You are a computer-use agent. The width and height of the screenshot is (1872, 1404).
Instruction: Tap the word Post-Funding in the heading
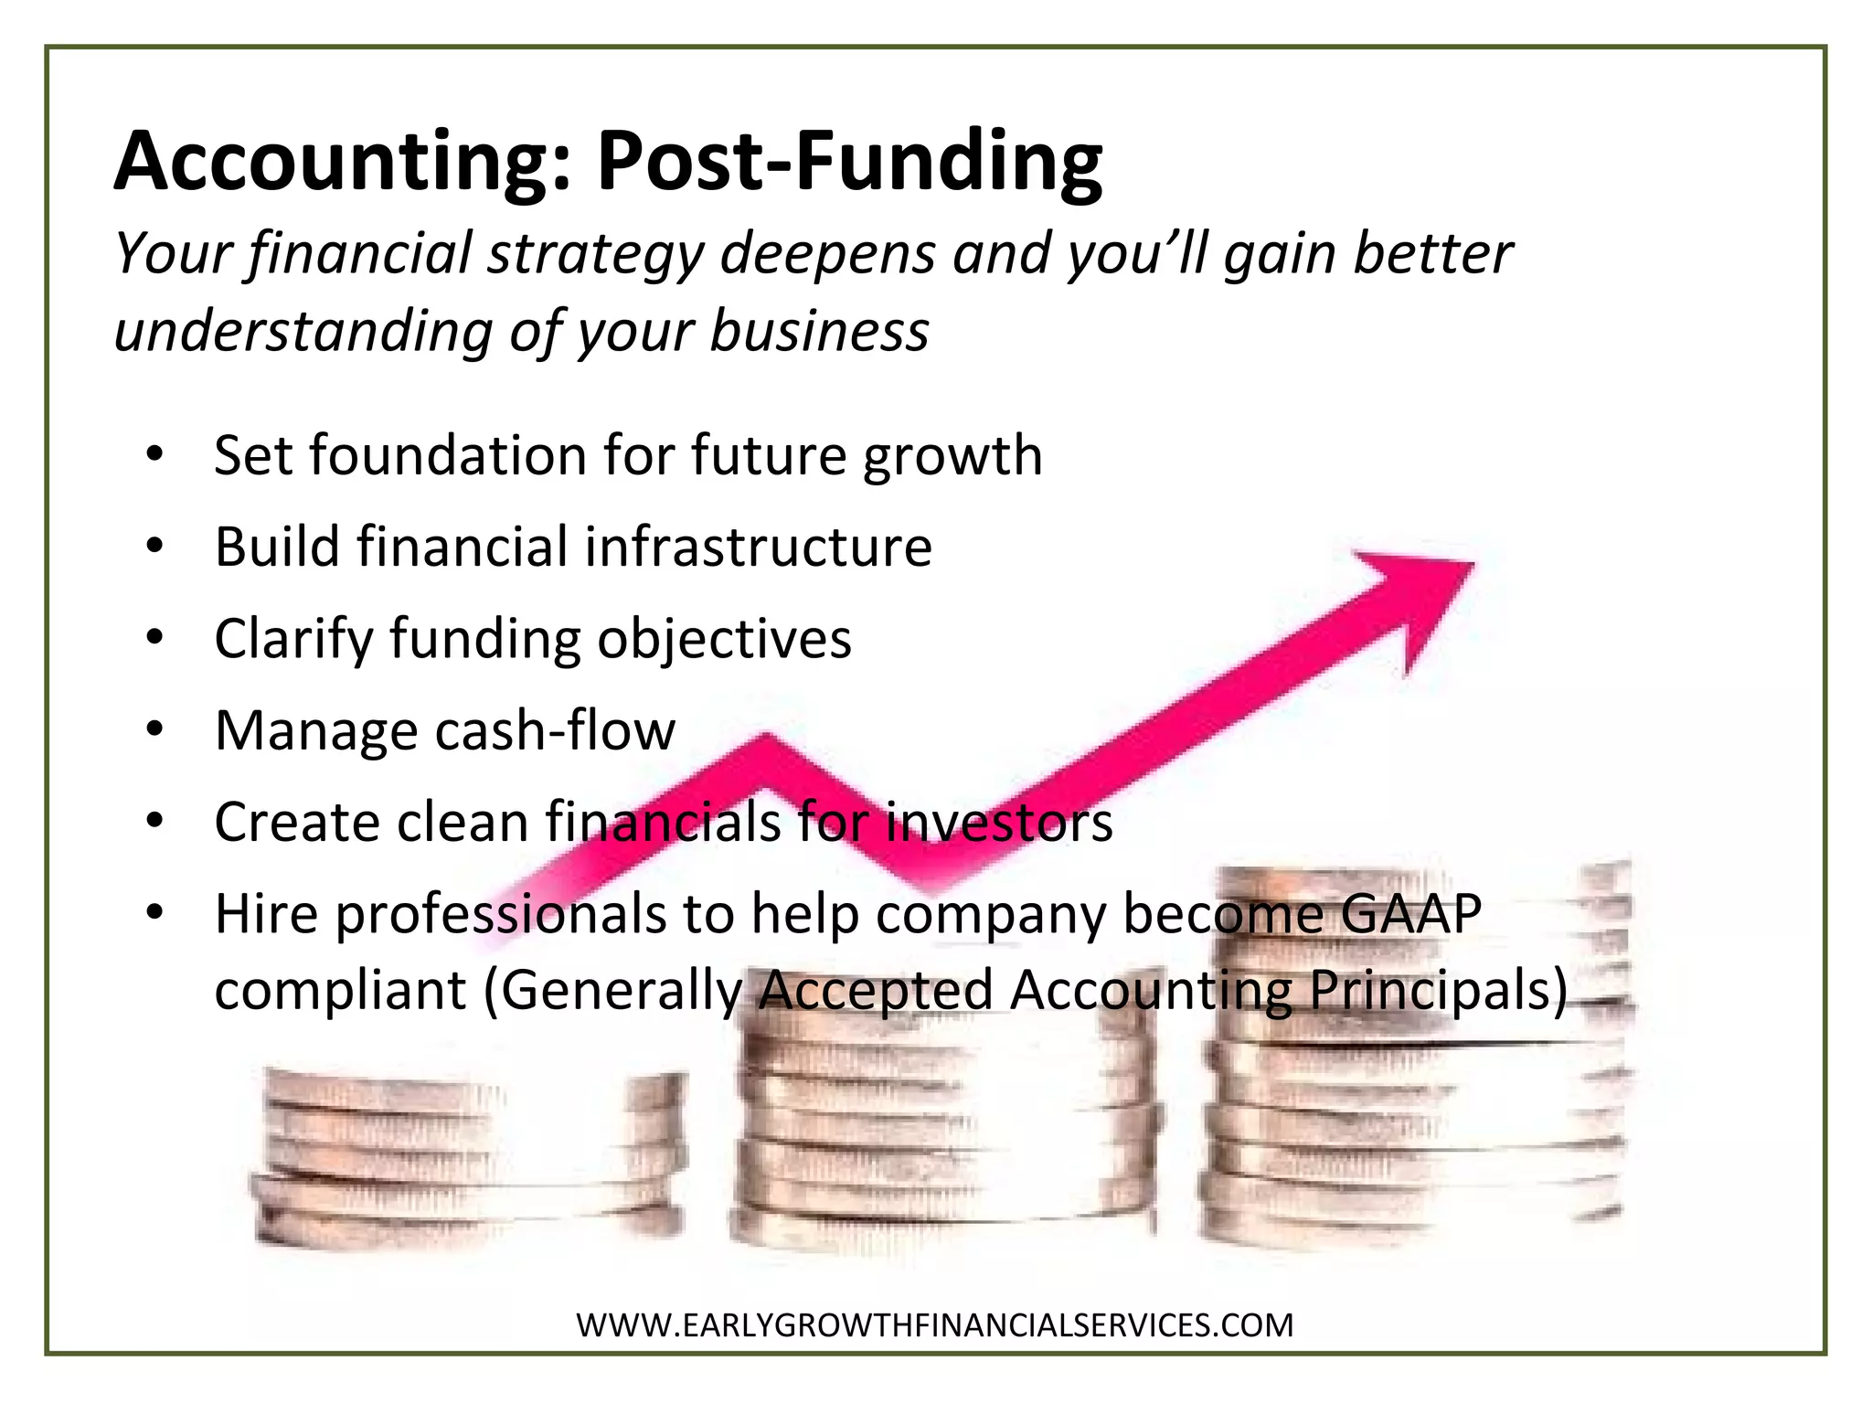tap(849, 163)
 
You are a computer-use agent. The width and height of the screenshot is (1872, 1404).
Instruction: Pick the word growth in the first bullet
tap(952, 457)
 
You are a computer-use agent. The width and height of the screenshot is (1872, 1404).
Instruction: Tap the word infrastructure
tap(758, 547)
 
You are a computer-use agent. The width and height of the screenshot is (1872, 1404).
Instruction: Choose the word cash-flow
tap(555, 730)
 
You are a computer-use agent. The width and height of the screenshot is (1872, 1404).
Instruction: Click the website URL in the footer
tap(934, 1325)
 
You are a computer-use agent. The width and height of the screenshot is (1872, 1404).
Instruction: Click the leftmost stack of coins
tap(466, 1156)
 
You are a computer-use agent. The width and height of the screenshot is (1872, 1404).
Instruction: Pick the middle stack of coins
tap(946, 1133)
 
